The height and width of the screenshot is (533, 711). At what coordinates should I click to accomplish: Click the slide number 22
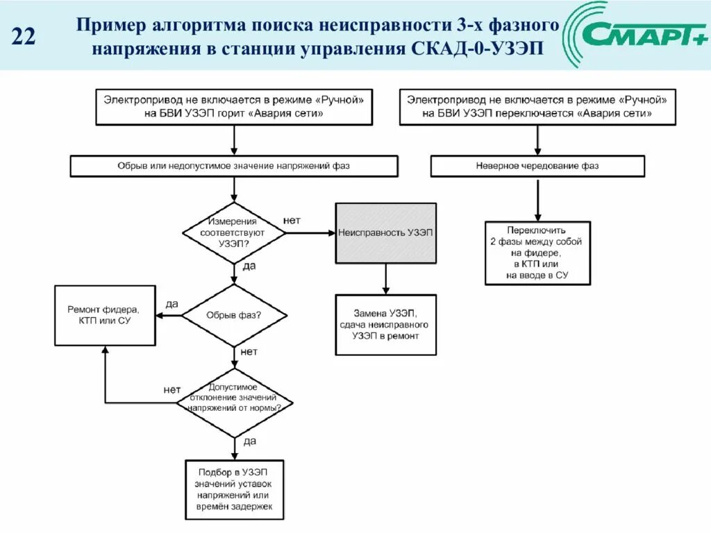click(24, 36)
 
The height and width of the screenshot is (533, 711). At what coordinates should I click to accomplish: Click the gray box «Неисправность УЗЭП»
click(386, 233)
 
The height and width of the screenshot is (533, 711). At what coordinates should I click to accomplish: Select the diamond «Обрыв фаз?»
click(234, 315)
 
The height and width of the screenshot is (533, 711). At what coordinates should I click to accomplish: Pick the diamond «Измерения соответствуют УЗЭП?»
click(234, 233)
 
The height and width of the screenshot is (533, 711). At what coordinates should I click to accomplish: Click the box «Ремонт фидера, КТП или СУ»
click(105, 315)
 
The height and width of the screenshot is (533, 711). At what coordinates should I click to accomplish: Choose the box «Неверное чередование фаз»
click(537, 166)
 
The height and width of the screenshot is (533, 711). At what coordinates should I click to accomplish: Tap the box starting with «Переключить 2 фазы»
click(537, 253)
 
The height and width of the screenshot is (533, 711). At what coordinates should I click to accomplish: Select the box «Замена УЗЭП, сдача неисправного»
click(386, 325)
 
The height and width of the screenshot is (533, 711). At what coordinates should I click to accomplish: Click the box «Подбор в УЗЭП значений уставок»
click(235, 489)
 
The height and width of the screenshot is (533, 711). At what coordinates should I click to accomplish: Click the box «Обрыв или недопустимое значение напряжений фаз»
click(234, 166)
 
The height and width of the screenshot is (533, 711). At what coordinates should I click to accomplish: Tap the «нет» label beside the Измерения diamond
click(292, 220)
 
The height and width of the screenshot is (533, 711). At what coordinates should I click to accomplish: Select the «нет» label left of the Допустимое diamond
click(172, 389)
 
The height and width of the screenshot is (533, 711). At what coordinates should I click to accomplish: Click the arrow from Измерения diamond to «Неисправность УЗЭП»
click(310, 233)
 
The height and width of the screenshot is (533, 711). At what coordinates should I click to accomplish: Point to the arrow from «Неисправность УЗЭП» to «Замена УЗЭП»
click(386, 279)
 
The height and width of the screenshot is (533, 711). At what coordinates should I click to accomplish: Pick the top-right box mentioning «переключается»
click(537, 106)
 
